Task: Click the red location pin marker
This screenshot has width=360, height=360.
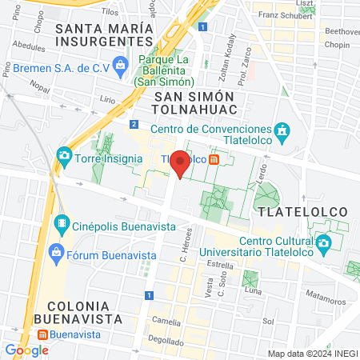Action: click(x=181, y=164)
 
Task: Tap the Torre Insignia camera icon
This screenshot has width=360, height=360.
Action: click(x=64, y=155)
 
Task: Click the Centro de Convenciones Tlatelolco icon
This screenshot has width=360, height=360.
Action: click(x=282, y=130)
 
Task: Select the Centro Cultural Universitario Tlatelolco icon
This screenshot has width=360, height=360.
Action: click(x=323, y=242)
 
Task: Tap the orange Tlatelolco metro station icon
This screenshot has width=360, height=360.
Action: click(x=214, y=158)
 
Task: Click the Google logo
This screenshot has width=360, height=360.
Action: click(x=26, y=350)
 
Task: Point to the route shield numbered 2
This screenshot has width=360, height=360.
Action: click(x=134, y=124)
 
